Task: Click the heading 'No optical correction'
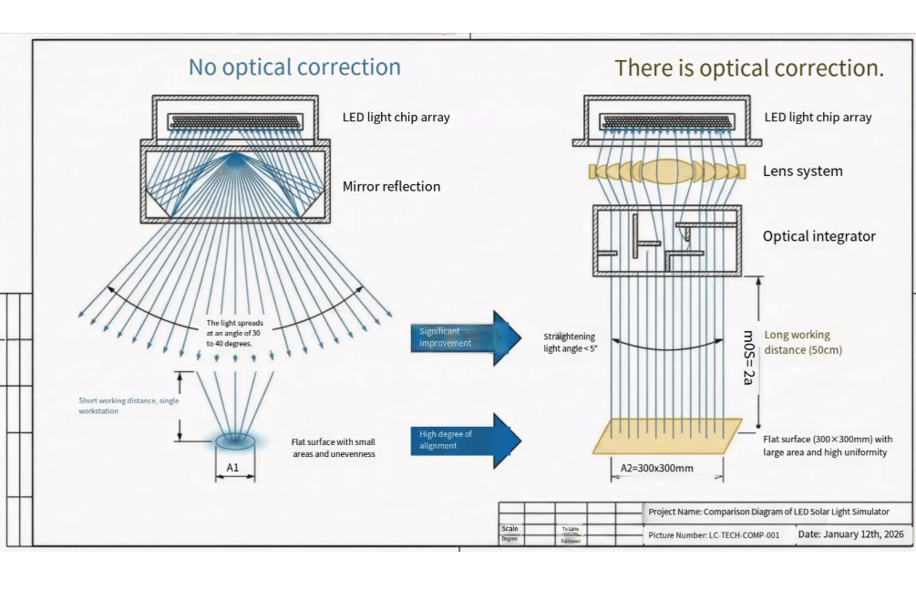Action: coord(294,67)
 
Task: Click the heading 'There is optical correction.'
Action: coord(749,68)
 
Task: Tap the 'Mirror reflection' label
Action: coord(391,187)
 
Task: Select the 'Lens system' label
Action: coord(802,171)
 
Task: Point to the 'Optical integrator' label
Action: coord(818,236)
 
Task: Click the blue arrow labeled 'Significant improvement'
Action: coord(464,337)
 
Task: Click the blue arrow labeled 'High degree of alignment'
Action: coord(464,441)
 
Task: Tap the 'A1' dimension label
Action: coord(233,469)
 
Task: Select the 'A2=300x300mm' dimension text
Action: coord(656,469)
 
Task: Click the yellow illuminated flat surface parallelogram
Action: coord(667,435)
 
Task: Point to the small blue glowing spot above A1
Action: coord(235,441)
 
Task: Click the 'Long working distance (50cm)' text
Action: coord(803,342)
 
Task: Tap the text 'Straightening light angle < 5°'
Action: coord(571,342)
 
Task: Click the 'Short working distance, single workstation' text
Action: coord(129,406)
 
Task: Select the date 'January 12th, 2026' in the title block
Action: coord(851,534)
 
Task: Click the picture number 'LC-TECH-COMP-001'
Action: coord(714,535)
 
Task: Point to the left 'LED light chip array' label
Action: coord(396,117)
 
